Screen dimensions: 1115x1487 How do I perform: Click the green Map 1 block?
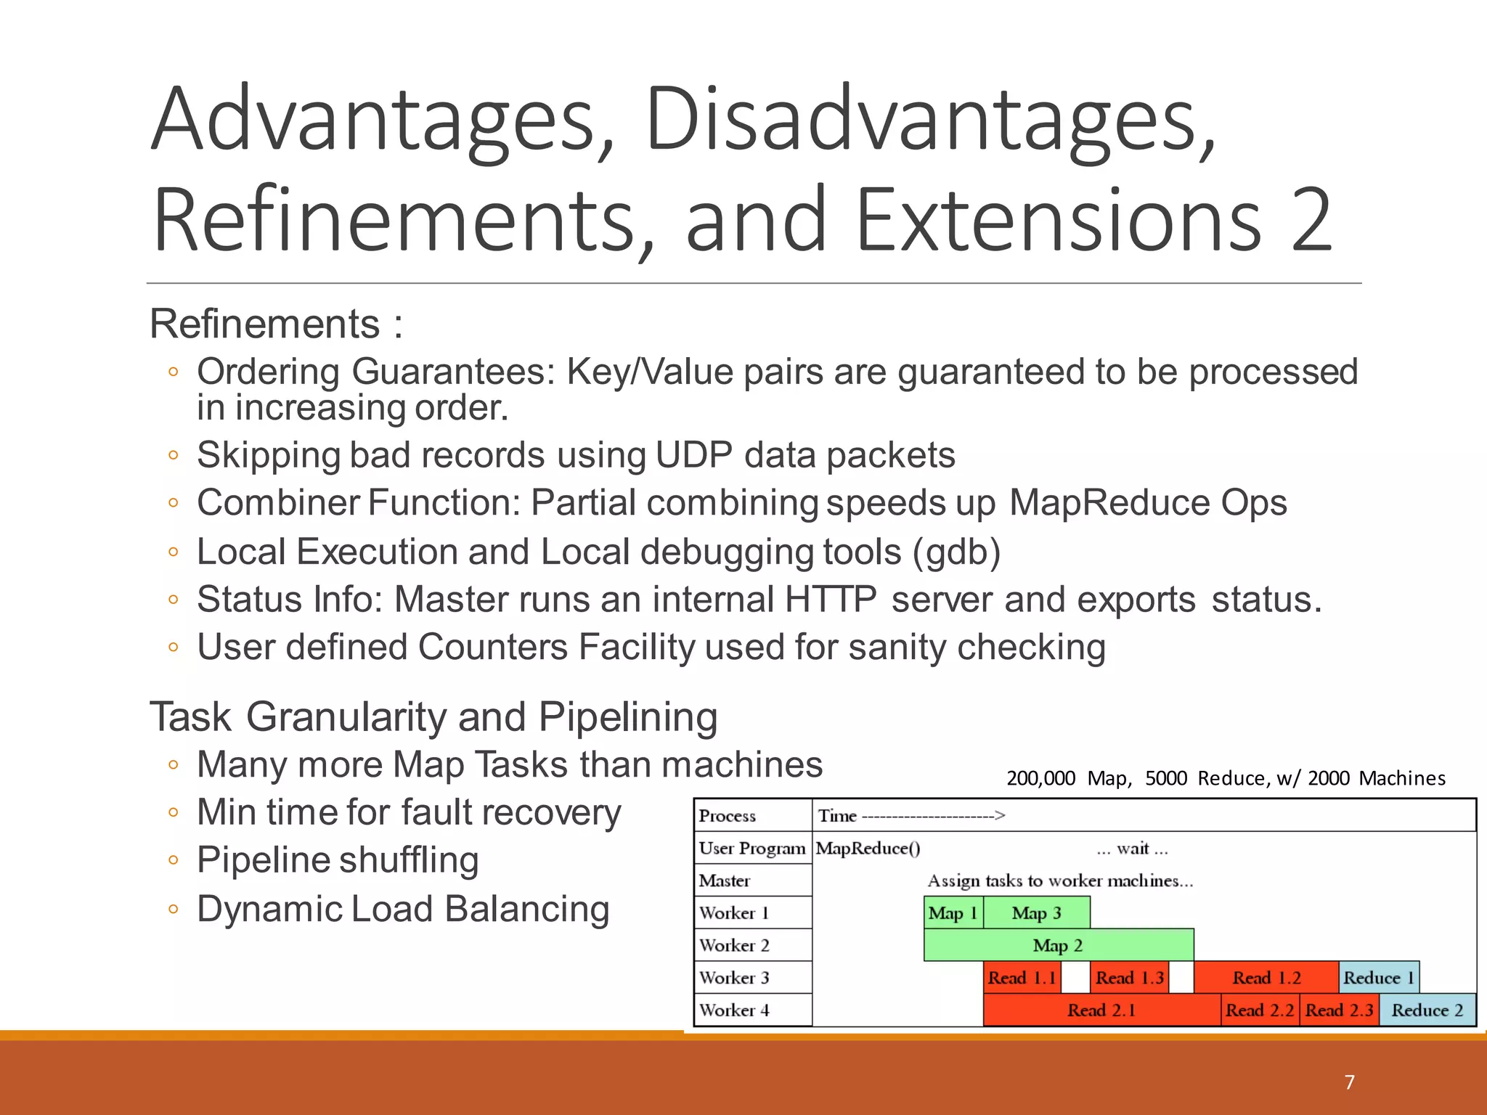pyautogui.click(x=953, y=912)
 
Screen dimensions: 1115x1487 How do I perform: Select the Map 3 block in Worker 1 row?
pyautogui.click(x=1036, y=912)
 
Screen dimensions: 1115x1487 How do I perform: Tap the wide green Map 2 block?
pyautogui.click(x=1058, y=944)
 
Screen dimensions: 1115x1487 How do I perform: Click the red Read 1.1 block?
pyautogui.click(x=1022, y=977)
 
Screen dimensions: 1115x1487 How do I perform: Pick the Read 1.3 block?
pyautogui.click(x=1129, y=977)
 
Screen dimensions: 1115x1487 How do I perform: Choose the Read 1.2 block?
pyautogui.click(x=1266, y=977)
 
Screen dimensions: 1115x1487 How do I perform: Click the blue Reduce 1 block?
pyautogui.click(x=1378, y=977)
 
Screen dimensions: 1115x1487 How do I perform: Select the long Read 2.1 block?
pyautogui.click(x=1101, y=1010)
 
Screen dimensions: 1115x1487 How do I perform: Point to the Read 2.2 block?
pyautogui.click(x=1259, y=1010)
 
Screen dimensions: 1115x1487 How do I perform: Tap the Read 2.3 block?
pyautogui.click(x=1339, y=1010)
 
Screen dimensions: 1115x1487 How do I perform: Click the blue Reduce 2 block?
pyautogui.click(x=1427, y=1010)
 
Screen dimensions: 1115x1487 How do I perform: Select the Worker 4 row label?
pyautogui.click(x=734, y=1010)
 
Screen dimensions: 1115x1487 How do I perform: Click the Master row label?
pyautogui.click(x=724, y=881)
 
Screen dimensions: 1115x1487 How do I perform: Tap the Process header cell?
pyautogui.click(x=727, y=815)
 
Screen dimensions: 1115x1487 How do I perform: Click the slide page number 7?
pyautogui.click(x=1349, y=1082)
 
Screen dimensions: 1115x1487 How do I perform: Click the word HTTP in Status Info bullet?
pyautogui.click(x=830, y=600)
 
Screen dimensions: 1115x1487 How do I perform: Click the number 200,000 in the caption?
pyautogui.click(x=1040, y=778)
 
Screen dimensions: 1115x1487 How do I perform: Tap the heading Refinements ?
pyautogui.click(x=275, y=324)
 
